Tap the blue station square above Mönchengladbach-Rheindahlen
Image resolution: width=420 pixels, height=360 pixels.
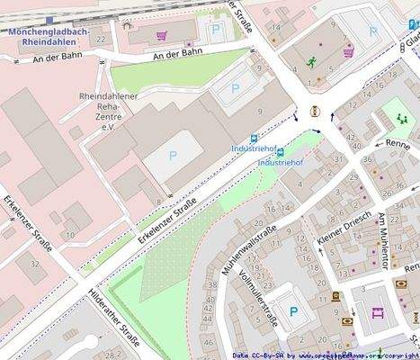click(46, 18)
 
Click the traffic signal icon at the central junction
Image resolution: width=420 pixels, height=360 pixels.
click(315, 112)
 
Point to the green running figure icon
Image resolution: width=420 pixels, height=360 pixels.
click(311, 61)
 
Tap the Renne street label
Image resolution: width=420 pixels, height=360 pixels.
click(397, 143)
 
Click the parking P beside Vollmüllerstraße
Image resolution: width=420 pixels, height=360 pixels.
click(293, 312)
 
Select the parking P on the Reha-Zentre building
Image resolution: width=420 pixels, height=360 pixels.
click(173, 156)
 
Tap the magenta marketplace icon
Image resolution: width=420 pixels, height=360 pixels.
click(377, 313)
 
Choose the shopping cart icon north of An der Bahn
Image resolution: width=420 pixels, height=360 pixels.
click(162, 36)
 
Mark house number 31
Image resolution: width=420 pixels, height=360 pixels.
click(338, 158)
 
